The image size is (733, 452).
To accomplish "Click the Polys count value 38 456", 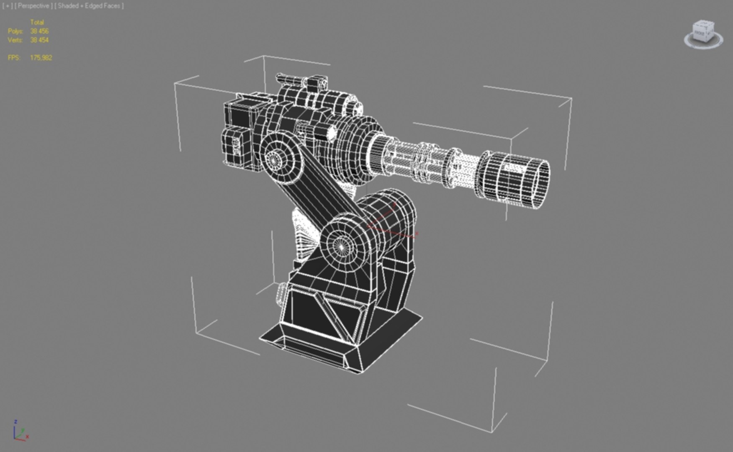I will (39, 31).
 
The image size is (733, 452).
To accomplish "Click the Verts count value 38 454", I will (39, 40).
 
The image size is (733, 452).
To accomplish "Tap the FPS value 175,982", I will (41, 58).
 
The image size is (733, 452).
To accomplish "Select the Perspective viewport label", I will (33, 6).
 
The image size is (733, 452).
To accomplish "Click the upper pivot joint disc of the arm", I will (275, 159).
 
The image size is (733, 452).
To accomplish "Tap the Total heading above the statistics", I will (37, 22).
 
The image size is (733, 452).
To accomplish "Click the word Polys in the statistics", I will (15, 31).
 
